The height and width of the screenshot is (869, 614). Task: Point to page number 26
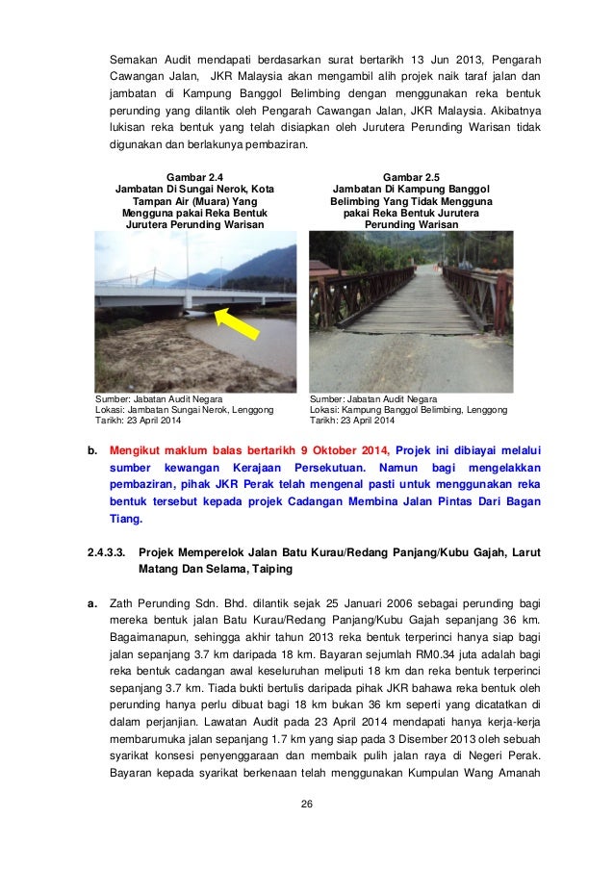pos(307,805)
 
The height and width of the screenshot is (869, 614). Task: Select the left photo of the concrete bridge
pos(195,312)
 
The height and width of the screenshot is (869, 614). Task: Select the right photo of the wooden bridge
pos(411,312)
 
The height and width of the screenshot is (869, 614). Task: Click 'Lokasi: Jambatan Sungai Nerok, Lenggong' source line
pos(184,410)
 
